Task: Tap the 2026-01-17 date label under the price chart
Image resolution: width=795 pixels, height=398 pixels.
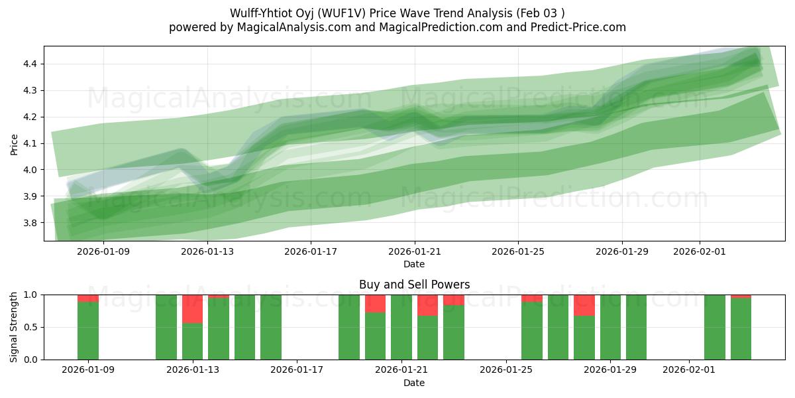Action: coord(311,251)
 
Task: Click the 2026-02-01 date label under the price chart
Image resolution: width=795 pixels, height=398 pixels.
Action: coord(700,251)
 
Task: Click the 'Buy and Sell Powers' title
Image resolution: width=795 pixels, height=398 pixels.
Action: coord(414,285)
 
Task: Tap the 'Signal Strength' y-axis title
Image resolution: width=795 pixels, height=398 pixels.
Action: coord(14,327)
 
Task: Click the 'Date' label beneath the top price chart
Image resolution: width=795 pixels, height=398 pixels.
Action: coord(414,264)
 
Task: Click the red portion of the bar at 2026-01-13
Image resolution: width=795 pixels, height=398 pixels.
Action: coord(192,309)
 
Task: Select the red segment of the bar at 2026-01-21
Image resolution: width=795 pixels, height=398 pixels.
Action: coord(427,305)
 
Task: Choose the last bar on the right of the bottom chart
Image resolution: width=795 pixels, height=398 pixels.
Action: coord(741,328)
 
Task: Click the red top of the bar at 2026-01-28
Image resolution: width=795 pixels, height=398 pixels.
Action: coord(584,305)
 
